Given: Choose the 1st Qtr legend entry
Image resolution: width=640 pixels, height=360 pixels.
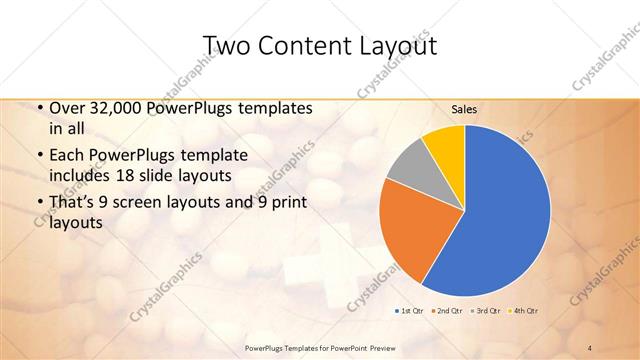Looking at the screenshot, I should click(409, 312).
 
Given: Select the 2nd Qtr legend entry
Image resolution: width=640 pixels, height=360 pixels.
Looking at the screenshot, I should click(446, 312).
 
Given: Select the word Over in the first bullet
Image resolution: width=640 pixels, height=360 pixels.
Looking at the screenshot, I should click(67, 108).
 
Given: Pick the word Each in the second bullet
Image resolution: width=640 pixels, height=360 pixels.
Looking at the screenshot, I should click(67, 155).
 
